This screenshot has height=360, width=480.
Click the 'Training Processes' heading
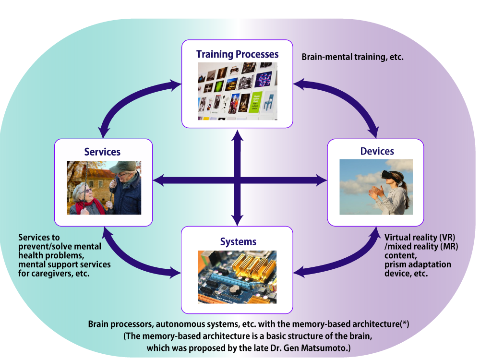pyautogui.click(x=237, y=54)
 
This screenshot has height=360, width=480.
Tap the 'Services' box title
pyautogui.click(x=102, y=152)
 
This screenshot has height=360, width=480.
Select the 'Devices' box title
pyautogui.click(x=377, y=151)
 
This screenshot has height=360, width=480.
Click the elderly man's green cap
pyautogui.click(x=123, y=167)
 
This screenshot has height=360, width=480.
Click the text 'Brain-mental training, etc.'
pyautogui.click(x=352, y=57)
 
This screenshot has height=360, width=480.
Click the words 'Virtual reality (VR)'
pyautogui.click(x=420, y=238)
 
